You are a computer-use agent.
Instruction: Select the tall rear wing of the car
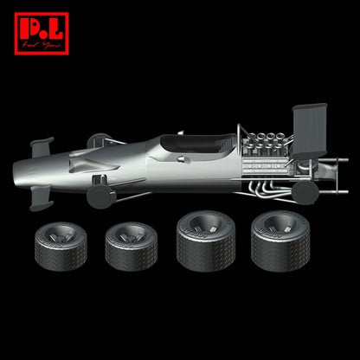point(309,130)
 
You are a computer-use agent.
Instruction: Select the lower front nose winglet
point(42,200)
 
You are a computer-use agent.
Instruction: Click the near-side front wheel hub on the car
point(101,196)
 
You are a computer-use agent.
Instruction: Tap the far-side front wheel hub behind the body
point(99,139)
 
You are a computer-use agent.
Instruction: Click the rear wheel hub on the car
point(306,191)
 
